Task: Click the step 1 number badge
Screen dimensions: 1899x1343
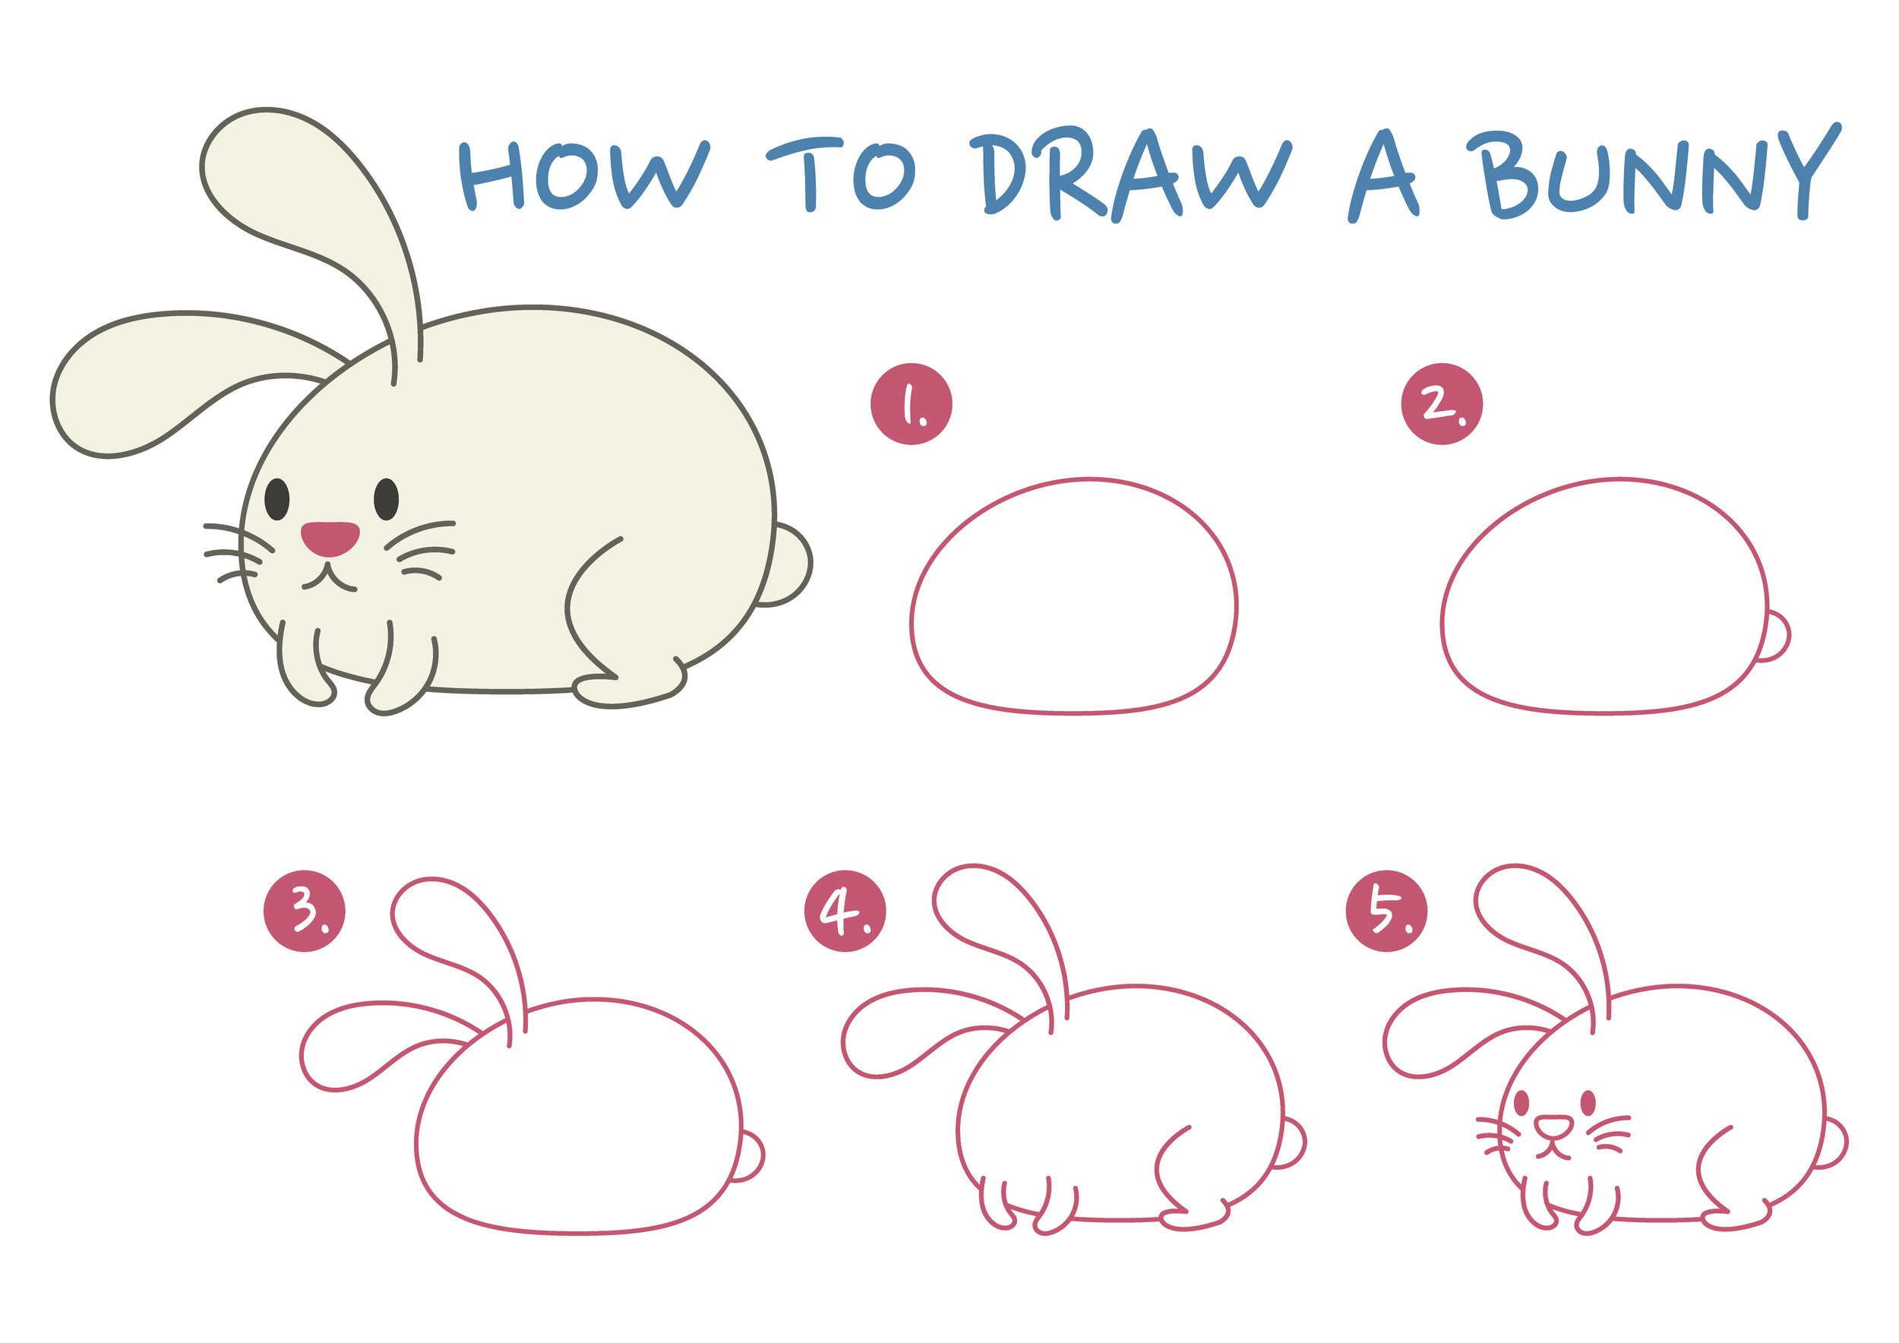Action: [912, 403]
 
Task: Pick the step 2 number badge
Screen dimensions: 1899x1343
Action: [1442, 403]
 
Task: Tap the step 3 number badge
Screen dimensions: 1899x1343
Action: [305, 912]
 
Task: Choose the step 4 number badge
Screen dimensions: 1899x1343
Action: [845, 912]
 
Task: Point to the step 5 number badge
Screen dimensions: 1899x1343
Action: [1386, 912]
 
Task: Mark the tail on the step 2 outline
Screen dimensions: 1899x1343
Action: [1775, 636]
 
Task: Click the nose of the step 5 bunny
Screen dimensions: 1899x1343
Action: [1553, 1125]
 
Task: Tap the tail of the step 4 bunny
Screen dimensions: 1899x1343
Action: [1292, 1144]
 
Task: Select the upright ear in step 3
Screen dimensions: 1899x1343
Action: [459, 952]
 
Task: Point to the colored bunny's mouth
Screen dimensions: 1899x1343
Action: [329, 577]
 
